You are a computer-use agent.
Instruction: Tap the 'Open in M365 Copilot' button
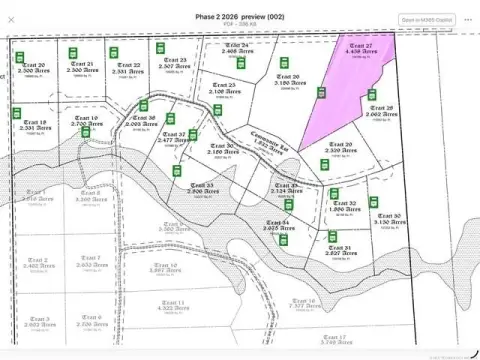coord(426,19)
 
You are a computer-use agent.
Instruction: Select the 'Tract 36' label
coord(146,117)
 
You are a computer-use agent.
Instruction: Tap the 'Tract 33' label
coord(204,185)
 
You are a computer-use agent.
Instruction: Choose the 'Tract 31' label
coord(338,248)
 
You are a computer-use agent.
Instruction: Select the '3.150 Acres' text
coord(388,221)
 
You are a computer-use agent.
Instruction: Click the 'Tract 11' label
coord(173,301)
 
